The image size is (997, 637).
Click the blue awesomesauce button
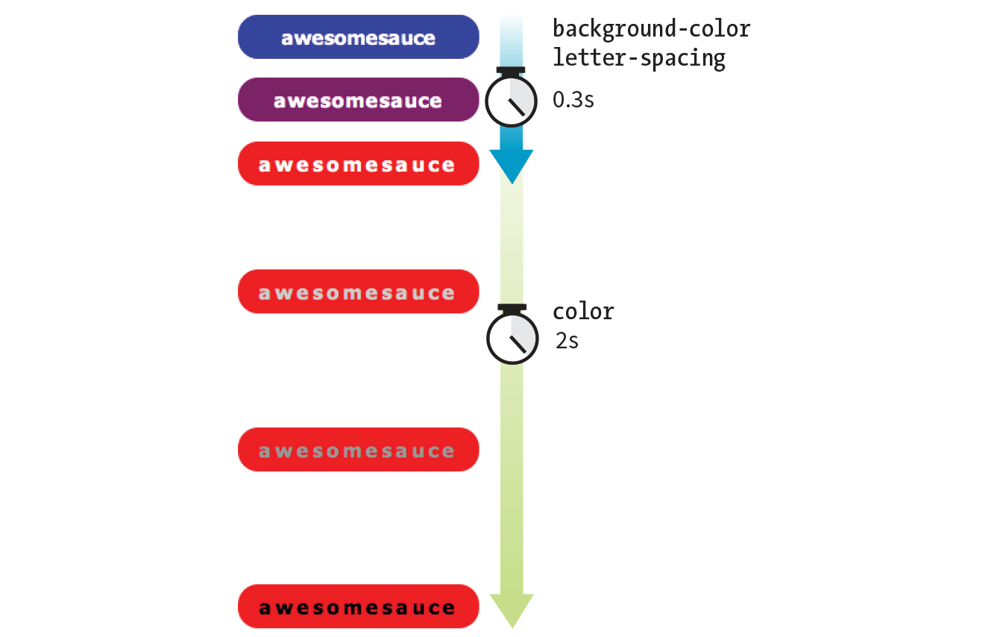358,37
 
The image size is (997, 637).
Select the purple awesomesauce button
358,99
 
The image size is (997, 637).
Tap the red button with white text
358,163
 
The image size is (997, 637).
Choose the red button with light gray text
358,292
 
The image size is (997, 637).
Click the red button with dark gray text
358,450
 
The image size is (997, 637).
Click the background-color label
651,30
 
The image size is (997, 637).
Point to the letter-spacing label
638,57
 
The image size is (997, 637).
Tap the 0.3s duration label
573,99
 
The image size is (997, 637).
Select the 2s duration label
567,341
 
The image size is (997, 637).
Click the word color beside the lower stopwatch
583,311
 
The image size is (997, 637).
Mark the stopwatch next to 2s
512,338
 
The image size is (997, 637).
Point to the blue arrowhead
512,165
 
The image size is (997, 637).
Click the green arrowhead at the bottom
512,610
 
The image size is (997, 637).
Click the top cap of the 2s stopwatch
512,307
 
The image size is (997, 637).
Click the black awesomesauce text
358,608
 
